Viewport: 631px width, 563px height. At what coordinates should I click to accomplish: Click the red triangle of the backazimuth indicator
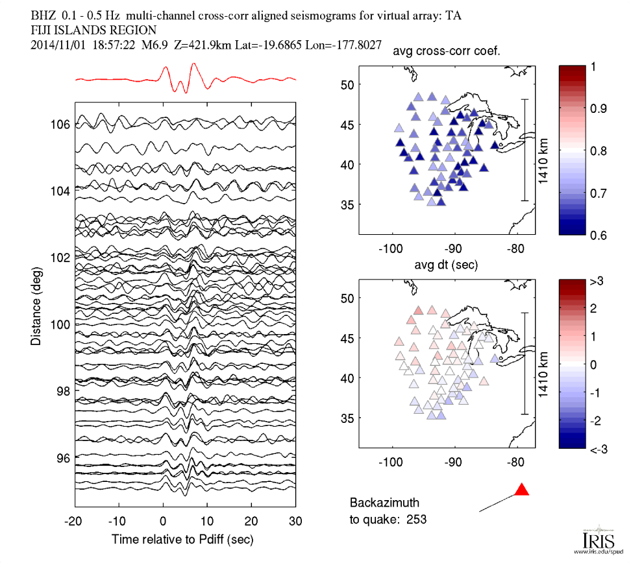click(x=521, y=490)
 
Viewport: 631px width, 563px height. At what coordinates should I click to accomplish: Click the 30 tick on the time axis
click(x=295, y=520)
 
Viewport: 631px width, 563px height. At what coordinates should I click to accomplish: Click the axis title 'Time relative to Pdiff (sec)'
click(x=182, y=539)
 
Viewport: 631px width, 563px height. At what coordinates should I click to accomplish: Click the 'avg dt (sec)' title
click(x=447, y=265)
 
